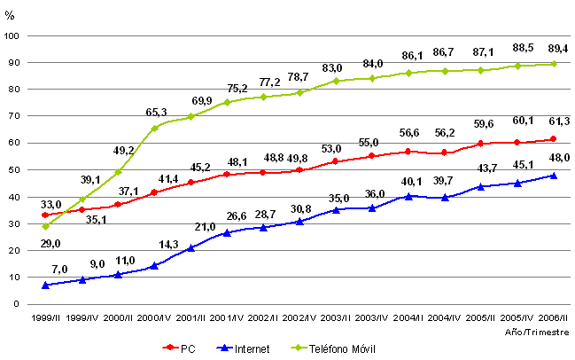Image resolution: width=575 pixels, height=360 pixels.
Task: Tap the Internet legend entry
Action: click(245, 348)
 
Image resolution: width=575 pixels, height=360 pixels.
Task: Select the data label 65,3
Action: click(157, 113)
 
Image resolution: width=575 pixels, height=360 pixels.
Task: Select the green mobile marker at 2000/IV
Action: click(156, 129)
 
